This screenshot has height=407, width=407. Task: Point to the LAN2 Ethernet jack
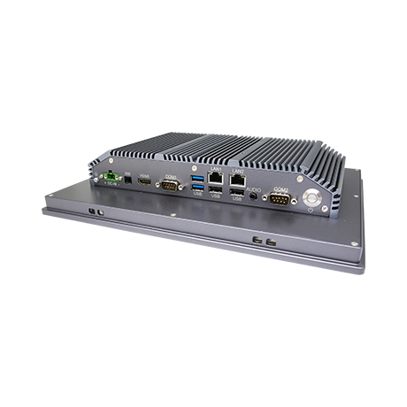tap(237, 180)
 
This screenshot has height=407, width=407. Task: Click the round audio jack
tap(255, 195)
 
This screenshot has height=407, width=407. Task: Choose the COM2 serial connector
tap(280, 199)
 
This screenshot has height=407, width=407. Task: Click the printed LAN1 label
tap(216, 168)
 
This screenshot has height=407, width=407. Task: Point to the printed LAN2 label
tap(237, 169)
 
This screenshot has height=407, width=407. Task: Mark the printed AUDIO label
tap(253, 188)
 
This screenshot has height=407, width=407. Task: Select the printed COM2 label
tap(280, 188)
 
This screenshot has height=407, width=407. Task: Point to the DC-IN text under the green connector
tap(111, 188)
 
